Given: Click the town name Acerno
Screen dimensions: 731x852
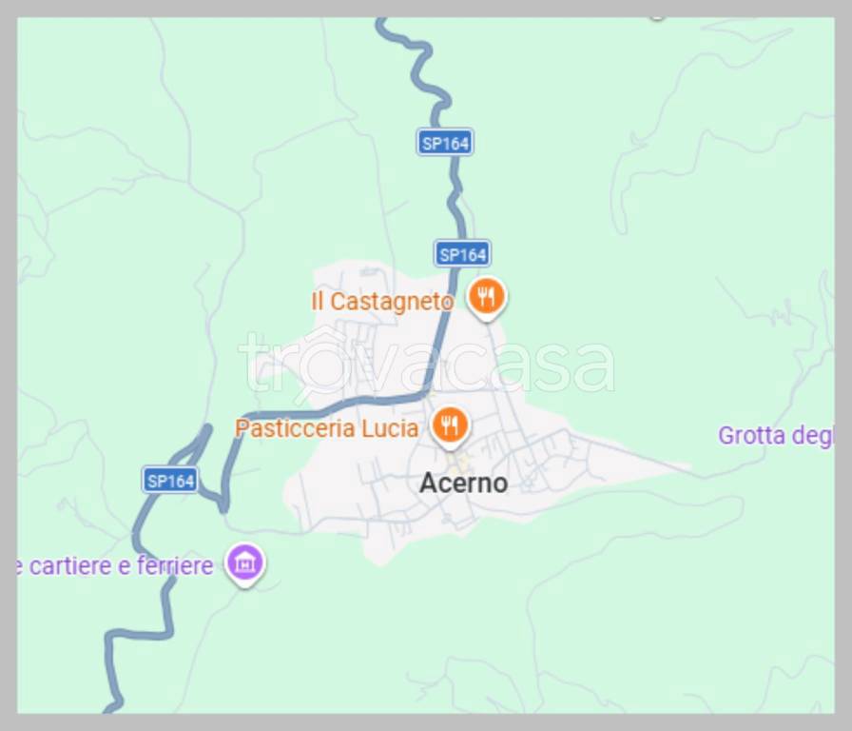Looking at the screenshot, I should coord(463,484).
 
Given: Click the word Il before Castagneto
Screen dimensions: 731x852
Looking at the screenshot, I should coord(319,302).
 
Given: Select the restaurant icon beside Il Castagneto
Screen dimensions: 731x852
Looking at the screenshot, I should coord(486,298).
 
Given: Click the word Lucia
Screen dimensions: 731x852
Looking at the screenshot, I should coord(390,428).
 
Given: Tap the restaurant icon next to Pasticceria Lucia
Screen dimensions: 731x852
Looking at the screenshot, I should coord(450,425).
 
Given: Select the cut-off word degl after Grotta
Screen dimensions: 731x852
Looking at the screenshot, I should coord(814,437).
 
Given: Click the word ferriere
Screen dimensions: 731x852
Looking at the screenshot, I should coord(175,566).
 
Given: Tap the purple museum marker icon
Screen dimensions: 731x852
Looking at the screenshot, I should coord(244,563).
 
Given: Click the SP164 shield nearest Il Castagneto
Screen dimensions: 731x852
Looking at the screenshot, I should coord(463,254).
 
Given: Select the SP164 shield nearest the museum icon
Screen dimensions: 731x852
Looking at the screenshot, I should coord(171,481).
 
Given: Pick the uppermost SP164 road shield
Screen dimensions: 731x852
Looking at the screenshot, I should coord(445,144).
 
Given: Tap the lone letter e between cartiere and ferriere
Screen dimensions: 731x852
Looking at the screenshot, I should coord(126,567).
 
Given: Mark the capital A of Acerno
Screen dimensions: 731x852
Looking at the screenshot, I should coord(429,484).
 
